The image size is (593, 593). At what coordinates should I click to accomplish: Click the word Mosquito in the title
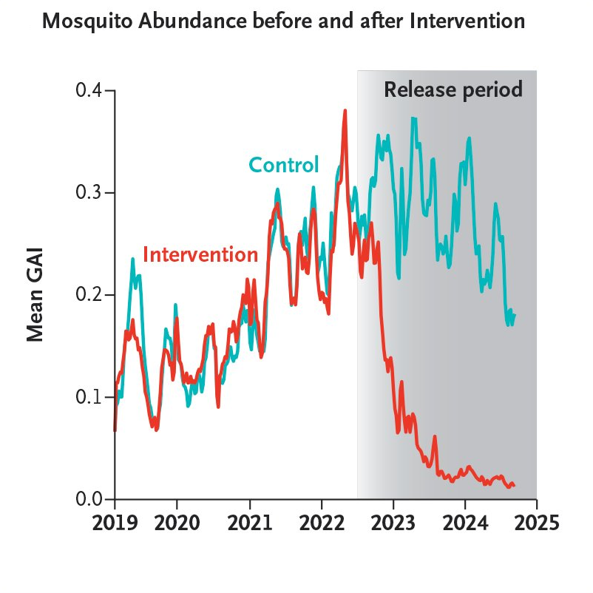pyautogui.click(x=81, y=21)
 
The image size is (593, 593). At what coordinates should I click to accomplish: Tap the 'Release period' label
pyautogui.click(x=453, y=90)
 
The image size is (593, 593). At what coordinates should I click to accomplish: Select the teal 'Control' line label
pyautogui.click(x=283, y=164)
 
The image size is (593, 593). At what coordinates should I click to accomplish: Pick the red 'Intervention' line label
pyautogui.click(x=200, y=254)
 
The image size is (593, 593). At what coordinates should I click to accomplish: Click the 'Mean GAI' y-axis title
pyautogui.click(x=35, y=294)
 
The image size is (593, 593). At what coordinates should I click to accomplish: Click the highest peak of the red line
pyautogui.click(x=345, y=111)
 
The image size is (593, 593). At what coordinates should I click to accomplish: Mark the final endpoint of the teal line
pyautogui.click(x=515, y=315)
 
